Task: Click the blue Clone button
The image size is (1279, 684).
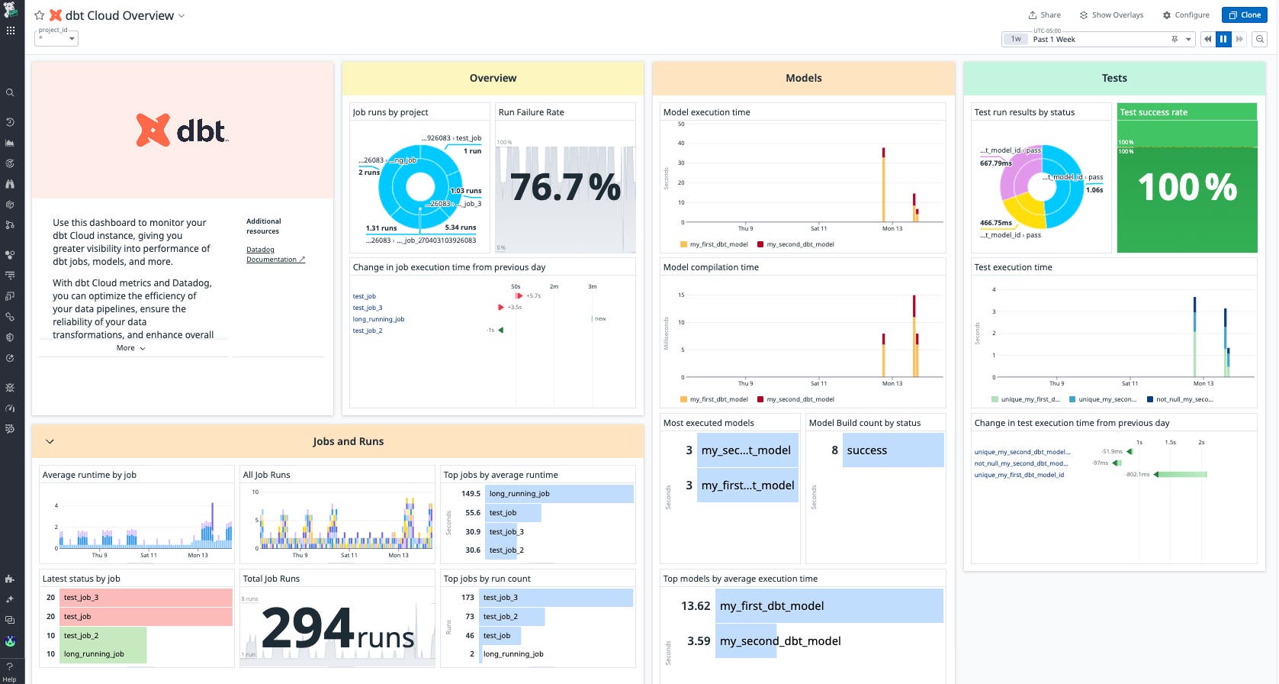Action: point(1244,15)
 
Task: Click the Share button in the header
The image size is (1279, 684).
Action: point(1044,15)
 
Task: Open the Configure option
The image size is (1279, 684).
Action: point(1186,15)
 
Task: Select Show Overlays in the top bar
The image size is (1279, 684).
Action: point(1111,15)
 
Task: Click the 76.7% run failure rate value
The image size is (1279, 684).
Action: point(565,188)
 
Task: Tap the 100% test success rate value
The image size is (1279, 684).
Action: point(1187,188)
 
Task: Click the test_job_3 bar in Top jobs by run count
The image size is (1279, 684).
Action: point(557,598)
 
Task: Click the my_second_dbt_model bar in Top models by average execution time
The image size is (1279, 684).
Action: point(779,641)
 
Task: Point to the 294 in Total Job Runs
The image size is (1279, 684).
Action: point(307,629)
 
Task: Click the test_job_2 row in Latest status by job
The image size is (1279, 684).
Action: point(102,636)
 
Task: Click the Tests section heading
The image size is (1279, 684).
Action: point(1114,79)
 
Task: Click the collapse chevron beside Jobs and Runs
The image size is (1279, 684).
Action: point(50,441)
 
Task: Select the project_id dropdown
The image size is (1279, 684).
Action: point(57,38)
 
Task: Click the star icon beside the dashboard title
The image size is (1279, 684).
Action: point(40,15)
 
